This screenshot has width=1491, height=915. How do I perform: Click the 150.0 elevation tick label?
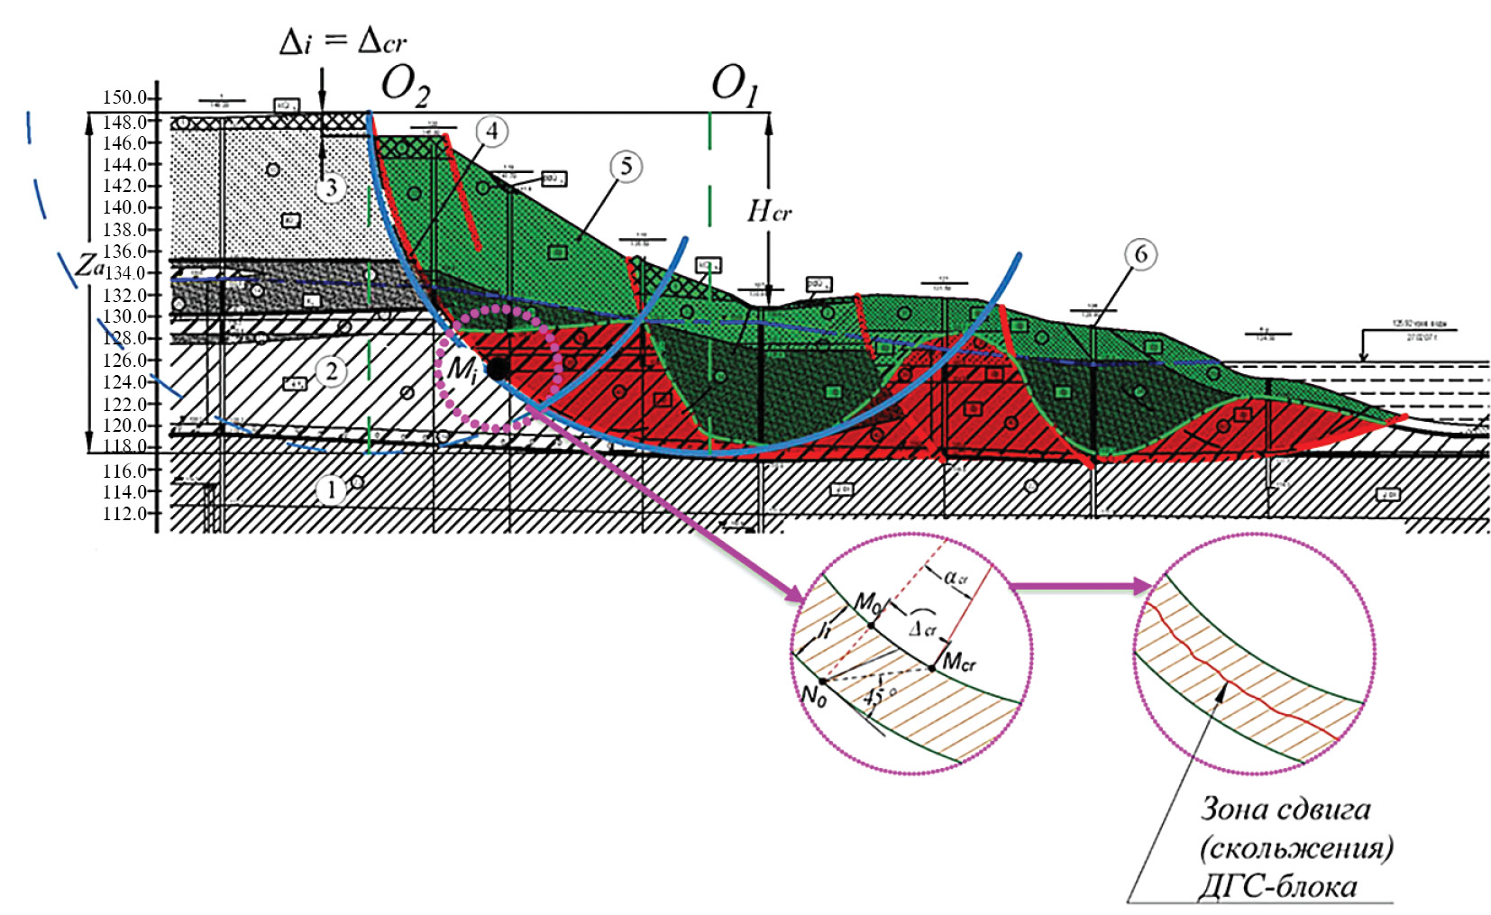coord(124,97)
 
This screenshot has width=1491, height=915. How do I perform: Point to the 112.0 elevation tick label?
coord(124,514)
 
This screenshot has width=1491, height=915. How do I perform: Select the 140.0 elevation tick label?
coord(124,207)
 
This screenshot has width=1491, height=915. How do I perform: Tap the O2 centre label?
coord(406,86)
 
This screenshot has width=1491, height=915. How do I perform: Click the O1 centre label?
coord(735,86)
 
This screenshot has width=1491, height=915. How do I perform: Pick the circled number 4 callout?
coord(491,132)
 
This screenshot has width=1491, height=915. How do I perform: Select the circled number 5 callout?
coord(626,166)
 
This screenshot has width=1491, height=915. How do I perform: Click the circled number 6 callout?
coord(1140,254)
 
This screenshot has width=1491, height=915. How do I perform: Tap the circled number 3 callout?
coord(331,188)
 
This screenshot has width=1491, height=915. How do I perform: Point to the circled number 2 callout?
coord(332,371)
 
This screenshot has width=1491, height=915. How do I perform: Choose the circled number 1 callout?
coord(331,490)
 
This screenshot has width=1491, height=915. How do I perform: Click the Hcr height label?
coord(769,212)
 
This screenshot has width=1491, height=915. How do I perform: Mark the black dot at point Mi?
coord(497,369)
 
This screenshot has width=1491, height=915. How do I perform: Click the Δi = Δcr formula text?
coord(343,41)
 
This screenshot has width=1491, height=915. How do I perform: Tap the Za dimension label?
coord(89,265)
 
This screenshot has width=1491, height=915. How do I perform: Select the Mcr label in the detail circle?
coord(958,663)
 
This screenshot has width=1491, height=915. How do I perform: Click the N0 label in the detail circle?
coord(813,696)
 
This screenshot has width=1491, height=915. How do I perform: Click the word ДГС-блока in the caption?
coord(1277,887)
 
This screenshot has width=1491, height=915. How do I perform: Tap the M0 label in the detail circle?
coord(867,602)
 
